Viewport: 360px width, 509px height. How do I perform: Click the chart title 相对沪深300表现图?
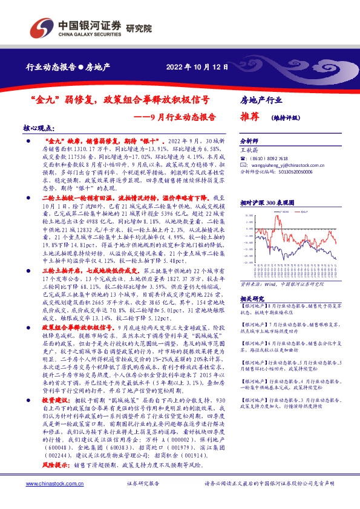267,204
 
